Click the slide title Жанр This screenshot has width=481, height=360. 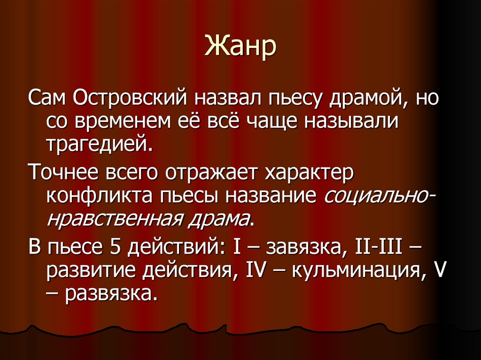click(240, 48)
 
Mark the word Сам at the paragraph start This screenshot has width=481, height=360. click(47, 100)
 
